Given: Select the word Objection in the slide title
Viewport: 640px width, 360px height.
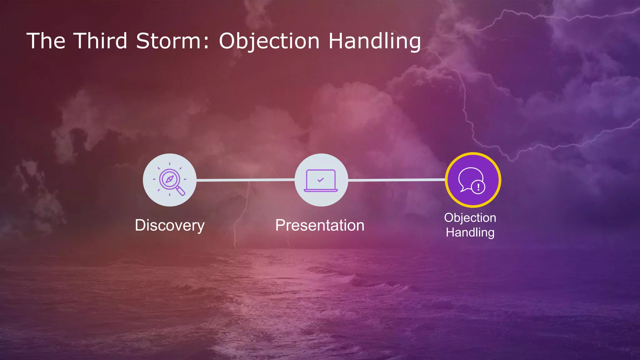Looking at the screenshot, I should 269,42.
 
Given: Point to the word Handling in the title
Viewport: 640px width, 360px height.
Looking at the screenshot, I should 374,42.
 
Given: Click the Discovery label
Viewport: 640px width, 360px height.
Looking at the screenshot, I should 170,225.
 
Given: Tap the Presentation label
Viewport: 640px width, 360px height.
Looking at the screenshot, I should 320,225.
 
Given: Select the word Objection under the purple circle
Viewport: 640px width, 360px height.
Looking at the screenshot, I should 470,218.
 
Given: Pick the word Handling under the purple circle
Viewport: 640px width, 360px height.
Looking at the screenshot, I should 470,232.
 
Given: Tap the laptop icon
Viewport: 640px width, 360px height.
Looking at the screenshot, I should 321,181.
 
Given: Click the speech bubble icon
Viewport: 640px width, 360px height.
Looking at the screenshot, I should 470,179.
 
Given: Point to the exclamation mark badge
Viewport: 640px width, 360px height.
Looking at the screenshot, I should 478,187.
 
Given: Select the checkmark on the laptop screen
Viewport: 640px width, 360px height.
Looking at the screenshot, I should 321,180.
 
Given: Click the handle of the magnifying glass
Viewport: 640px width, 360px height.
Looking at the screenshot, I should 181,191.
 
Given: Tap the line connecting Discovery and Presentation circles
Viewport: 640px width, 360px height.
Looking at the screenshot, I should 245,180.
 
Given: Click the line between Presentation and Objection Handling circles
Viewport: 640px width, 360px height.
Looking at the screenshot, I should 396,180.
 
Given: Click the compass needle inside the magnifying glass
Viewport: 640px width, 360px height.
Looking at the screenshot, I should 169,179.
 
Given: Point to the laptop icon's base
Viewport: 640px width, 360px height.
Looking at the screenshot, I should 321,190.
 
